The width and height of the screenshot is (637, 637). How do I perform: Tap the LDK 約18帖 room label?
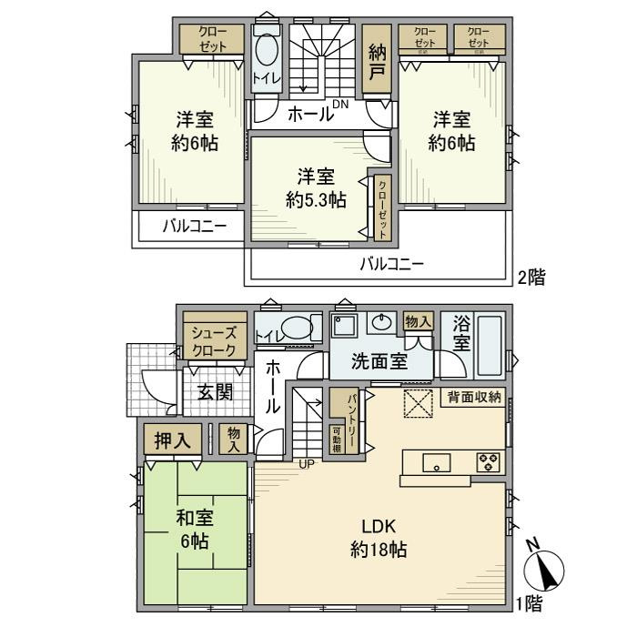pos(377,538)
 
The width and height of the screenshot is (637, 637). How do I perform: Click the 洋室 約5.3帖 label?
pos(315,190)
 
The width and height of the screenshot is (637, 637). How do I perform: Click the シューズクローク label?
pos(215,341)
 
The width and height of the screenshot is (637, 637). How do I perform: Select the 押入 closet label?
pos(174,440)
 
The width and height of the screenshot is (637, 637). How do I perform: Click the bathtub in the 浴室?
pos(488,345)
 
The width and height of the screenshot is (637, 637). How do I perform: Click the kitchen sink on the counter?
pos(438,462)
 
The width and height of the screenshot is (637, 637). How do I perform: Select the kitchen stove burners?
pos(488,461)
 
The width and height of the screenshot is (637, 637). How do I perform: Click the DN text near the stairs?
pos(340,106)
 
